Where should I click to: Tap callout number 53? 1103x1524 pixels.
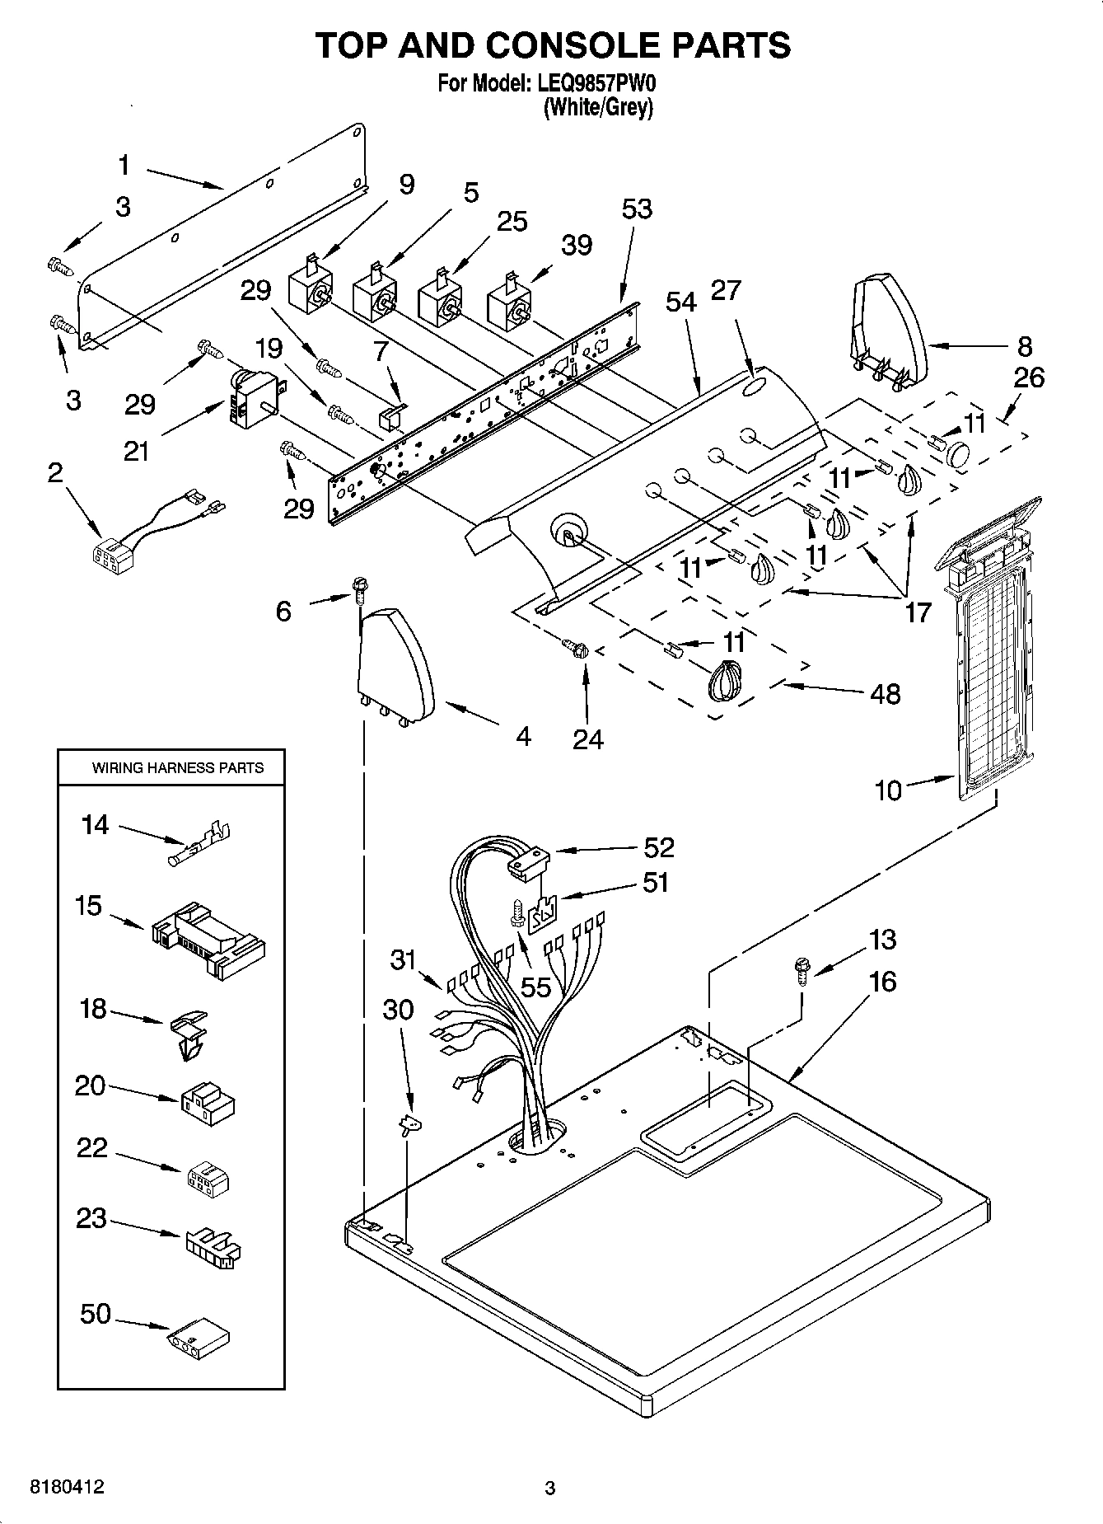tap(637, 209)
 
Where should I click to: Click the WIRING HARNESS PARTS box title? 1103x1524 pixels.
tap(178, 767)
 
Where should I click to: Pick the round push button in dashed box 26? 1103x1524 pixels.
tap(960, 453)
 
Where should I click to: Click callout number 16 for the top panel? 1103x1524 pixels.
tap(881, 982)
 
